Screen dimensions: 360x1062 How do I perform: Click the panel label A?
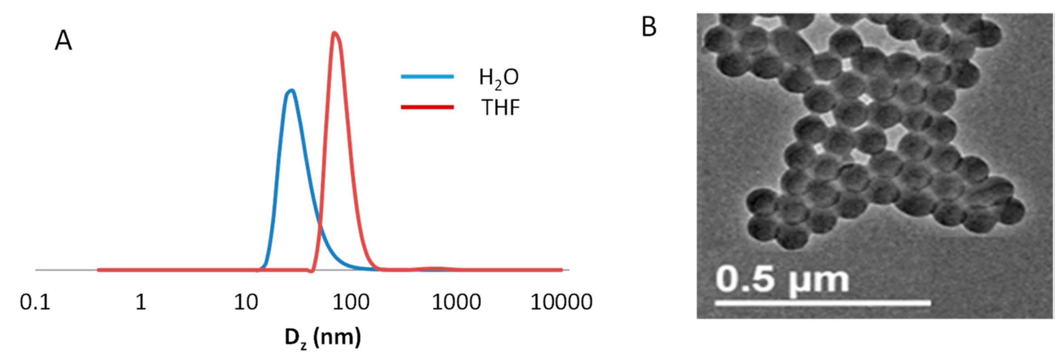pyautogui.click(x=63, y=41)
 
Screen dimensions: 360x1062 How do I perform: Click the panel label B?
pyautogui.click(x=649, y=27)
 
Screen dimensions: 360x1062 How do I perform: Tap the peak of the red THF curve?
pyautogui.click(x=335, y=33)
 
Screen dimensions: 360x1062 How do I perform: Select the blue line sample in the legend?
pyautogui.click(x=427, y=76)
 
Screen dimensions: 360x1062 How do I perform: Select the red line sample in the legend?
pyautogui.click(x=427, y=107)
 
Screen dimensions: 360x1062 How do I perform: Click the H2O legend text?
pyautogui.click(x=498, y=78)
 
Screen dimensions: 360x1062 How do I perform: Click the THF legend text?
pyautogui.click(x=500, y=108)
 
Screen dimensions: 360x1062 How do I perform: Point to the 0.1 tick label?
pyautogui.click(x=35, y=302)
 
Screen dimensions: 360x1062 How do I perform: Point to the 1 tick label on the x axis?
pyautogui.click(x=141, y=302)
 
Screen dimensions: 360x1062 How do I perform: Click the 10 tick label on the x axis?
pyautogui.click(x=246, y=302)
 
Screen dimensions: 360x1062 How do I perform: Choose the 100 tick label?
pyautogui.click(x=351, y=302)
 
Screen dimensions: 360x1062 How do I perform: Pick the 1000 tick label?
pyautogui.click(x=456, y=302)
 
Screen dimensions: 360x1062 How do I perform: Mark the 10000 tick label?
pyautogui.click(x=561, y=302)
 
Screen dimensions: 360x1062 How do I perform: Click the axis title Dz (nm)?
pyautogui.click(x=322, y=338)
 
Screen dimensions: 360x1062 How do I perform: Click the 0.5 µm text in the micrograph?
pyautogui.click(x=782, y=280)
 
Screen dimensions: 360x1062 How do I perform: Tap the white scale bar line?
pyautogui.click(x=822, y=304)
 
